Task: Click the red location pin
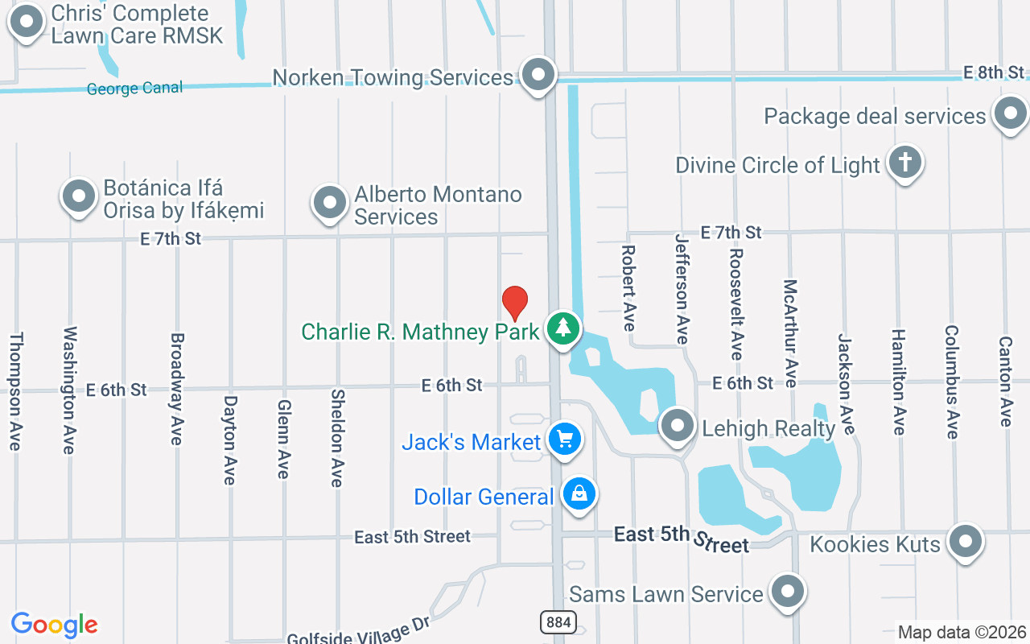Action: [515, 303]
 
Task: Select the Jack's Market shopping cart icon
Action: [565, 439]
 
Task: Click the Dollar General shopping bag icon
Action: [579, 493]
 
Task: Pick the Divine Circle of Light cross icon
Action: [904, 163]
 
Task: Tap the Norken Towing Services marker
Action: [538, 76]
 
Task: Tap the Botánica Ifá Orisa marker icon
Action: [79, 196]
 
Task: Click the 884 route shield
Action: [558, 621]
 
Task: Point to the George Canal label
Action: [134, 89]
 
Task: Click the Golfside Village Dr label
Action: [360, 630]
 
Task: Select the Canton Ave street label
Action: [1005, 382]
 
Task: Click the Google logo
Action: [54, 625]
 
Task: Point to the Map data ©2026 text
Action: [962, 632]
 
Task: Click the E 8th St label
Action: [995, 72]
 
